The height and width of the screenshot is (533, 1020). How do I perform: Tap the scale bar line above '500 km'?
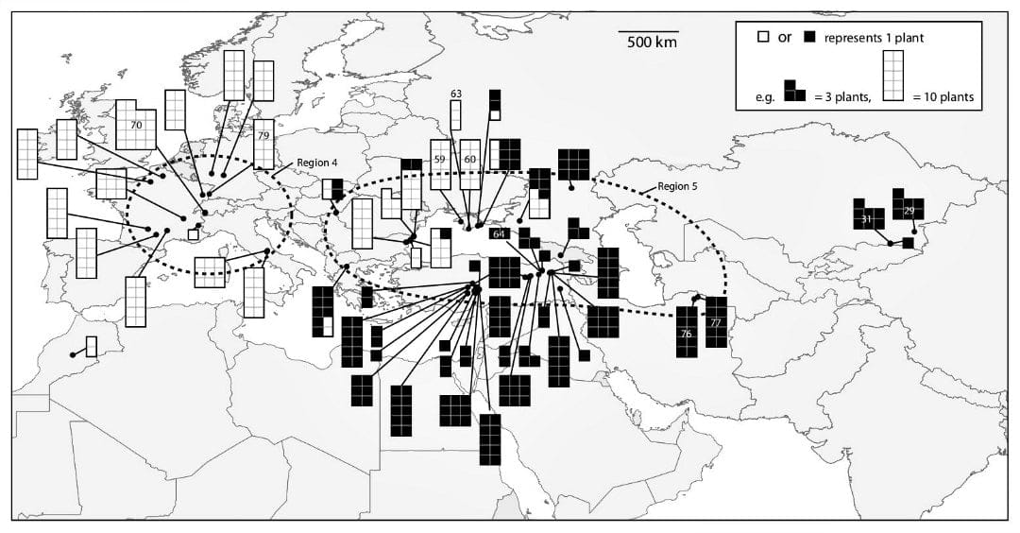pos(649,30)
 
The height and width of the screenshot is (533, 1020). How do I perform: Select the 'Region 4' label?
pos(317,163)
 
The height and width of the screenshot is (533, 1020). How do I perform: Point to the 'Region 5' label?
pos(677,187)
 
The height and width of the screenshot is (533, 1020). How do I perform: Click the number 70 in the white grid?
pos(136,125)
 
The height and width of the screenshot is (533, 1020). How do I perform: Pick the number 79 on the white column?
pos(263,136)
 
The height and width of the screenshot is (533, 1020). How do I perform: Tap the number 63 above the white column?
pos(456,94)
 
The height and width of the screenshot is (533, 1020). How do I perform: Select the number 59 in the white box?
pos(440,160)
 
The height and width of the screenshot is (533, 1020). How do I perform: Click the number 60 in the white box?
pos(469,160)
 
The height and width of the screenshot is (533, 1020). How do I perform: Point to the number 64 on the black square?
pos(500,233)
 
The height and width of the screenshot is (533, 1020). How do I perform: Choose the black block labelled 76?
pos(687,334)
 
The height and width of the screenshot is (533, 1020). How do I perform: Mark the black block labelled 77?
pos(716,322)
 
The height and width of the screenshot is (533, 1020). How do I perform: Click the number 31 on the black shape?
pos(866,219)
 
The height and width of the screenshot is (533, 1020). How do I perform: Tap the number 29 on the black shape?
pos(909,210)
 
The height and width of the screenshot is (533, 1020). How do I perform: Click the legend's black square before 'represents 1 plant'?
pos(809,38)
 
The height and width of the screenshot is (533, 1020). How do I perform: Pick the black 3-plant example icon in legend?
pos(795,91)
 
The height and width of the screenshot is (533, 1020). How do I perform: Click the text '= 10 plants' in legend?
pos(944,96)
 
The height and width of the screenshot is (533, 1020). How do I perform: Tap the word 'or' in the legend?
pos(784,38)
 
